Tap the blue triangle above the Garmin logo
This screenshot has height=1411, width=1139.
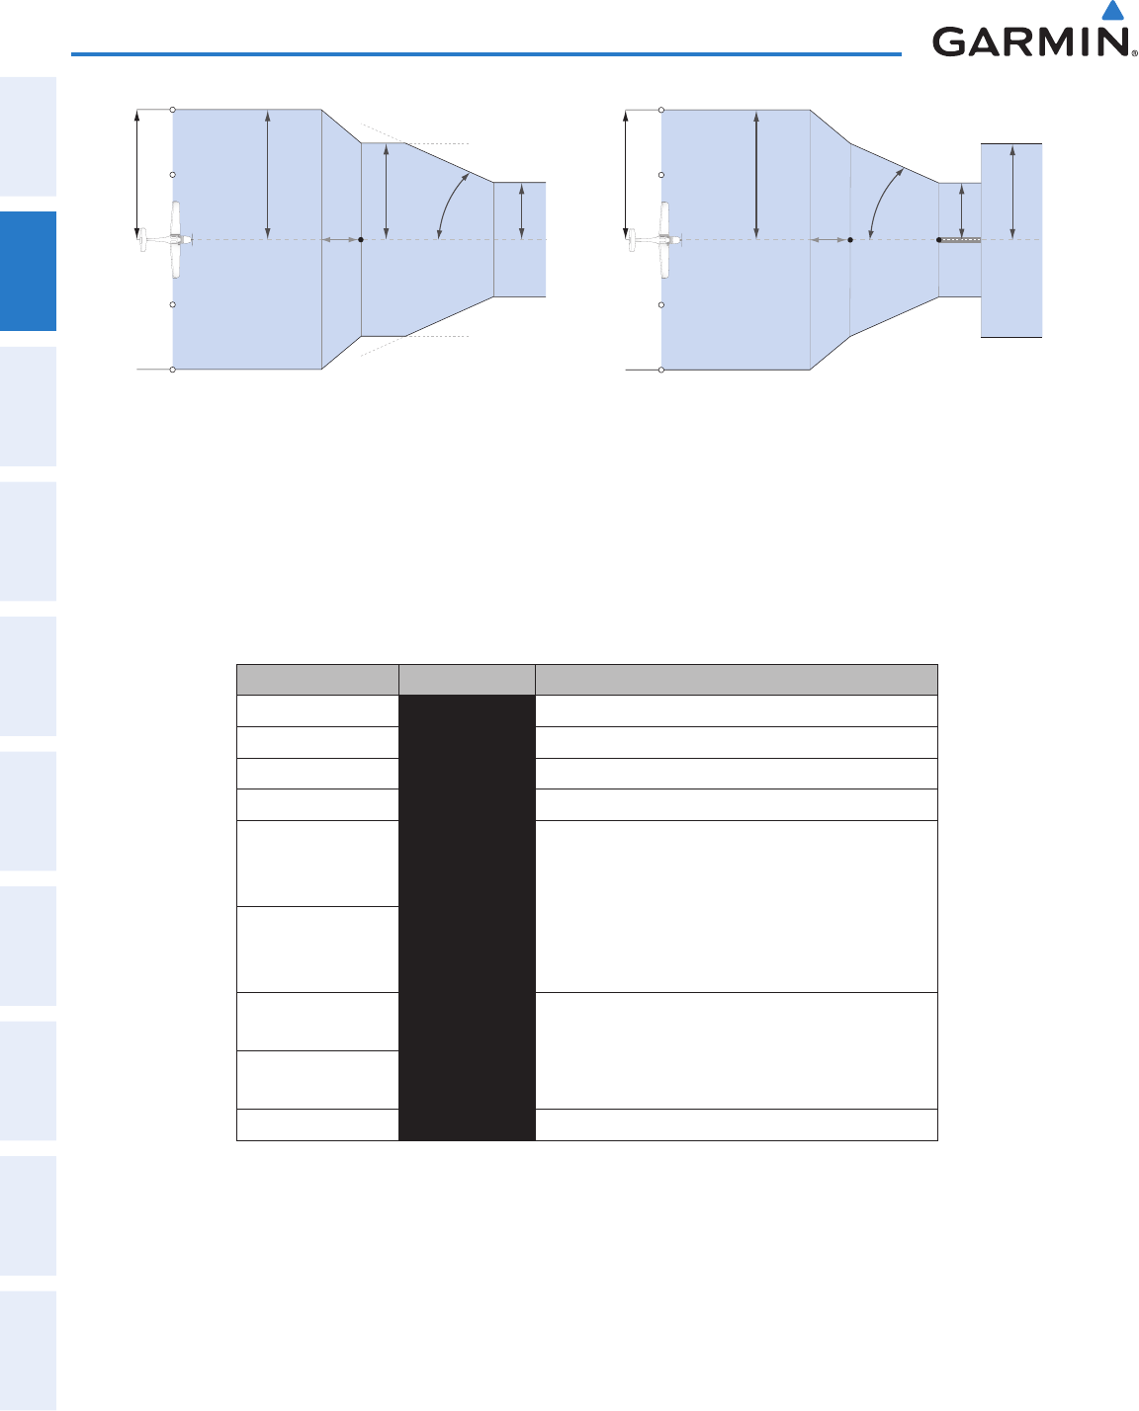(x=1112, y=10)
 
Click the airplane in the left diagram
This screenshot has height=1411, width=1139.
(x=166, y=240)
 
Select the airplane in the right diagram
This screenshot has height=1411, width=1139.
(x=655, y=240)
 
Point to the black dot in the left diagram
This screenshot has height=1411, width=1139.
(x=361, y=240)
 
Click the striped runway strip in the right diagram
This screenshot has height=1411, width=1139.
(x=961, y=240)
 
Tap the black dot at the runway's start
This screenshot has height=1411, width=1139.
(x=939, y=240)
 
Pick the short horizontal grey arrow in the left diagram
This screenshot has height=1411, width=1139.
(x=340, y=240)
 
